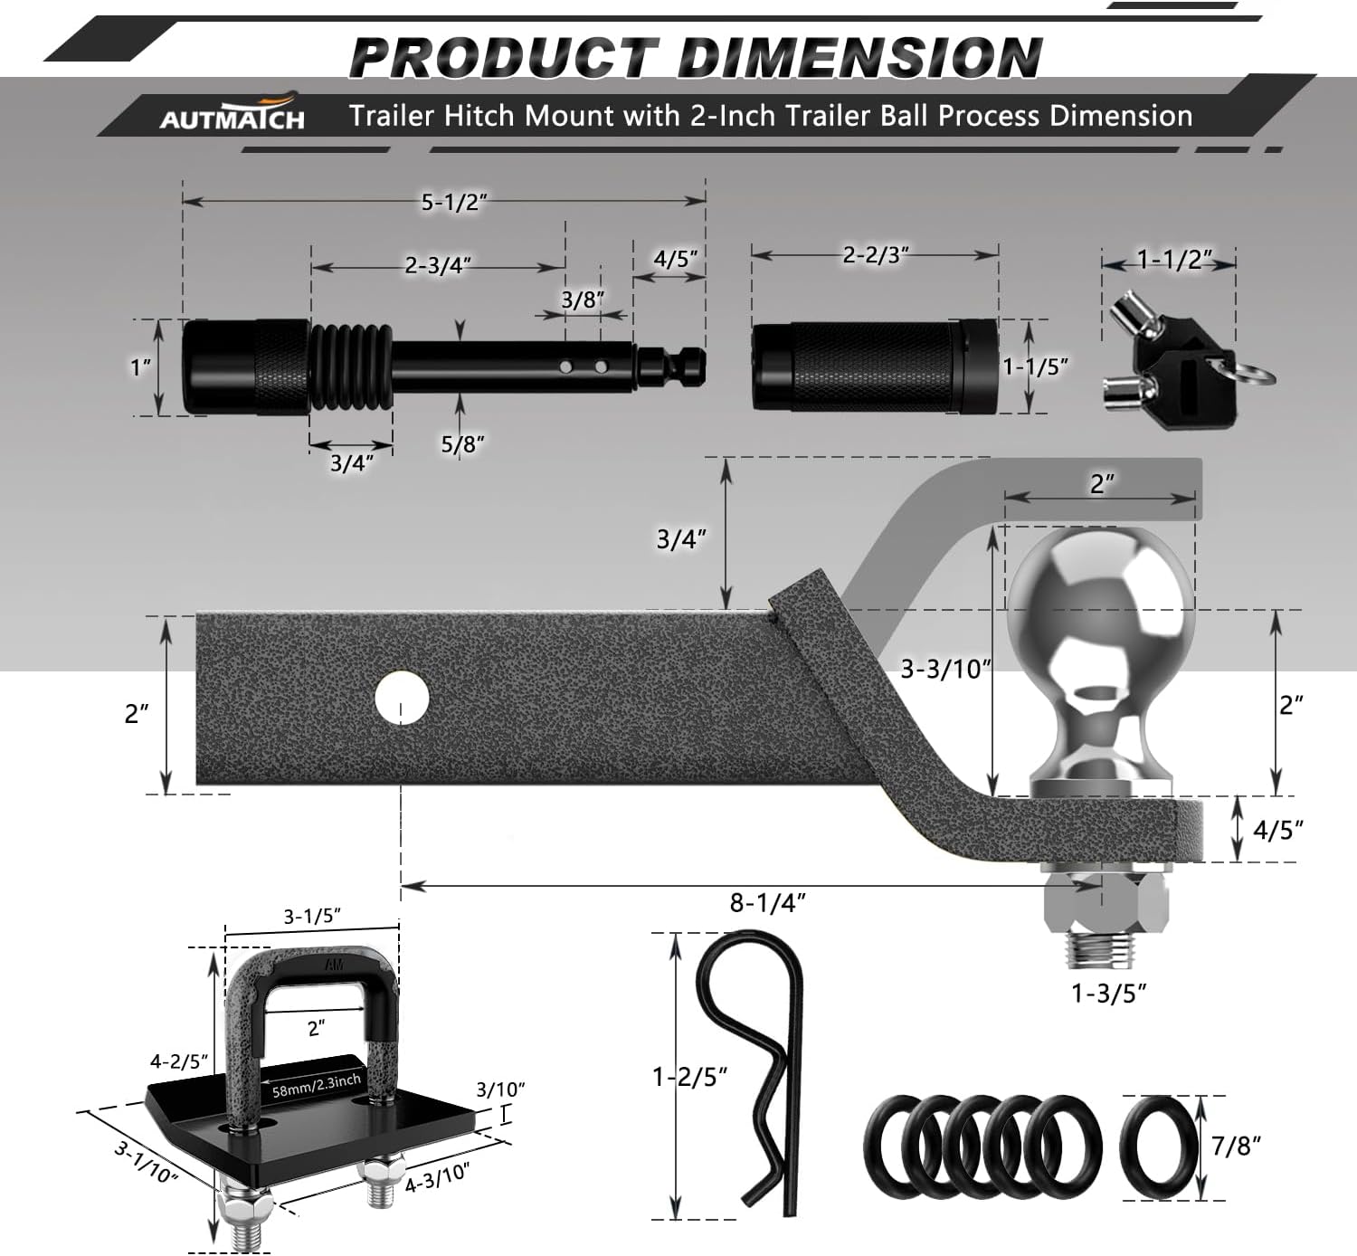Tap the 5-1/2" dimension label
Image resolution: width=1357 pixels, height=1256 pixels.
coord(454,202)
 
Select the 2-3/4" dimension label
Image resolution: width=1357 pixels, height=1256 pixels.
coord(438,264)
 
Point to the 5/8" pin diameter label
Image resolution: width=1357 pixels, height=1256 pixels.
coord(462,443)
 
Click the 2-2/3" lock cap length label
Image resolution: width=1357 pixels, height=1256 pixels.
coord(876,254)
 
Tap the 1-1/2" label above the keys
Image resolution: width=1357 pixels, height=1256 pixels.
coord(1173,260)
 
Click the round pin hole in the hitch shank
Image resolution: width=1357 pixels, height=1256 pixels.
coord(402,698)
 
